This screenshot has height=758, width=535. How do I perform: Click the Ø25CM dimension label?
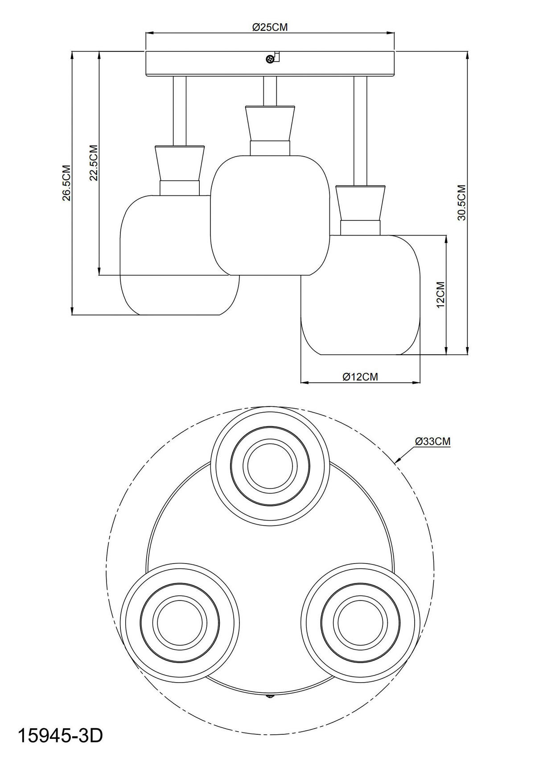pos(270,27)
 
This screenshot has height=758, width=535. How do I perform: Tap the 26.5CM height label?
pos(66,183)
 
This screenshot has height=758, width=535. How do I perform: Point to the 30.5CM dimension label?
pos(461,203)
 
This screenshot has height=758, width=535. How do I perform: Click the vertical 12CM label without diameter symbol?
pos(440,295)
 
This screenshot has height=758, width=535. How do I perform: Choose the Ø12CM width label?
pos(360,377)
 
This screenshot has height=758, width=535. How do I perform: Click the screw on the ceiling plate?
pos(270,59)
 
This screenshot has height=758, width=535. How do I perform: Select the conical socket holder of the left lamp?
pos(180,163)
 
